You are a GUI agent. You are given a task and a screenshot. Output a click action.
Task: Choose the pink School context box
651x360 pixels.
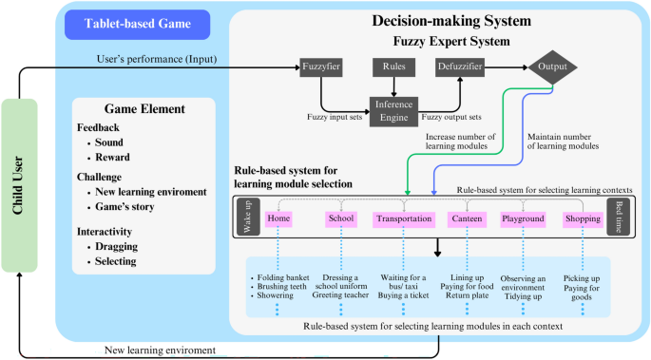[x=339, y=218]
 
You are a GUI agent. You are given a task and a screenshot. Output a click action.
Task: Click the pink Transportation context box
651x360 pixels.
[x=404, y=218]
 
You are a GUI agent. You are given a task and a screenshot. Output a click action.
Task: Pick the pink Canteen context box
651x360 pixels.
[x=466, y=218]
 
